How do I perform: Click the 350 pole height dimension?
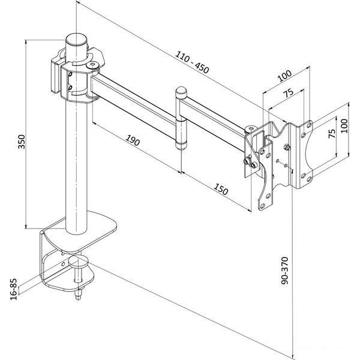[21, 141]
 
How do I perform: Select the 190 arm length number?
[133, 142]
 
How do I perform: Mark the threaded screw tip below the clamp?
[79, 296]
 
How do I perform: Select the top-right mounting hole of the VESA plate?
[310, 125]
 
